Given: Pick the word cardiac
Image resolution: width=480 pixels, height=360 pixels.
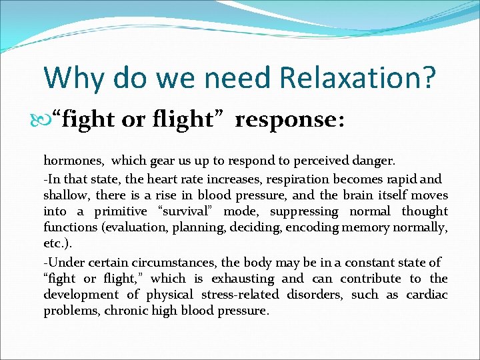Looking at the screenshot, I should pos(426,295).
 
